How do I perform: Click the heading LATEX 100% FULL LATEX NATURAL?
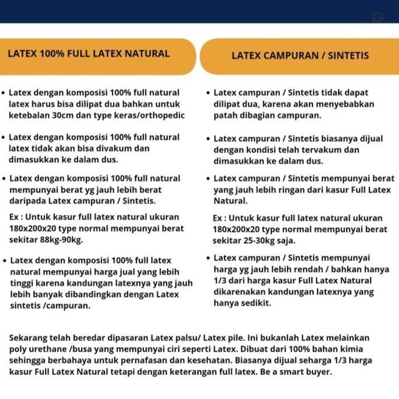point(88,54)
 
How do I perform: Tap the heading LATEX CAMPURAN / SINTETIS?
point(300,56)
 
